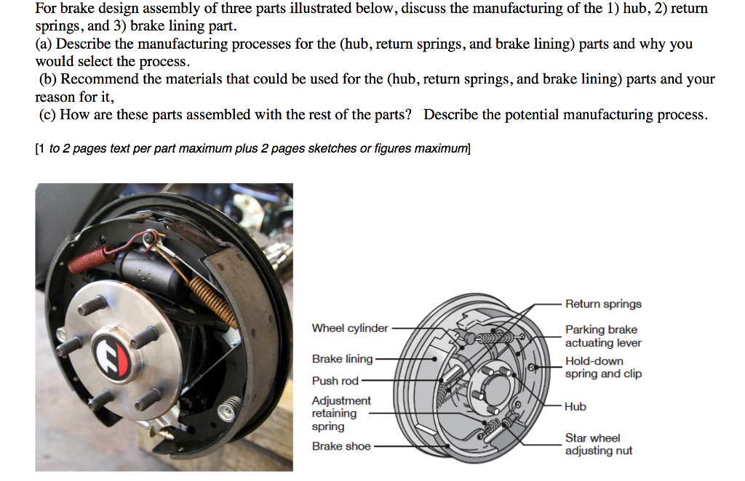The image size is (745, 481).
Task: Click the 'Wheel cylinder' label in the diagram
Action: (349, 328)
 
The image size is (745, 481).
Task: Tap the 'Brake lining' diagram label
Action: (342, 359)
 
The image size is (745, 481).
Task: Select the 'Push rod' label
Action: (335, 381)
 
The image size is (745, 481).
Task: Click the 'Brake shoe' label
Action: (341, 446)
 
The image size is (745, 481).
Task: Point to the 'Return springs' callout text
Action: (603, 304)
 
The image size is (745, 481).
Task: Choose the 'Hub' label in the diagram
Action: (575, 407)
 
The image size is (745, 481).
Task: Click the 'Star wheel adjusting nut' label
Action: (598, 444)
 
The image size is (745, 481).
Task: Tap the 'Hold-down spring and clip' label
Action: (603, 367)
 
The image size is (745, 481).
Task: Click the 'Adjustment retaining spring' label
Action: (341, 413)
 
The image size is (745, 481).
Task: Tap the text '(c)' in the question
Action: (48, 115)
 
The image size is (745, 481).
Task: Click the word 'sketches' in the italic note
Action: (332, 148)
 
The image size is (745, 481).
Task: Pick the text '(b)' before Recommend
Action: (49, 79)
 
